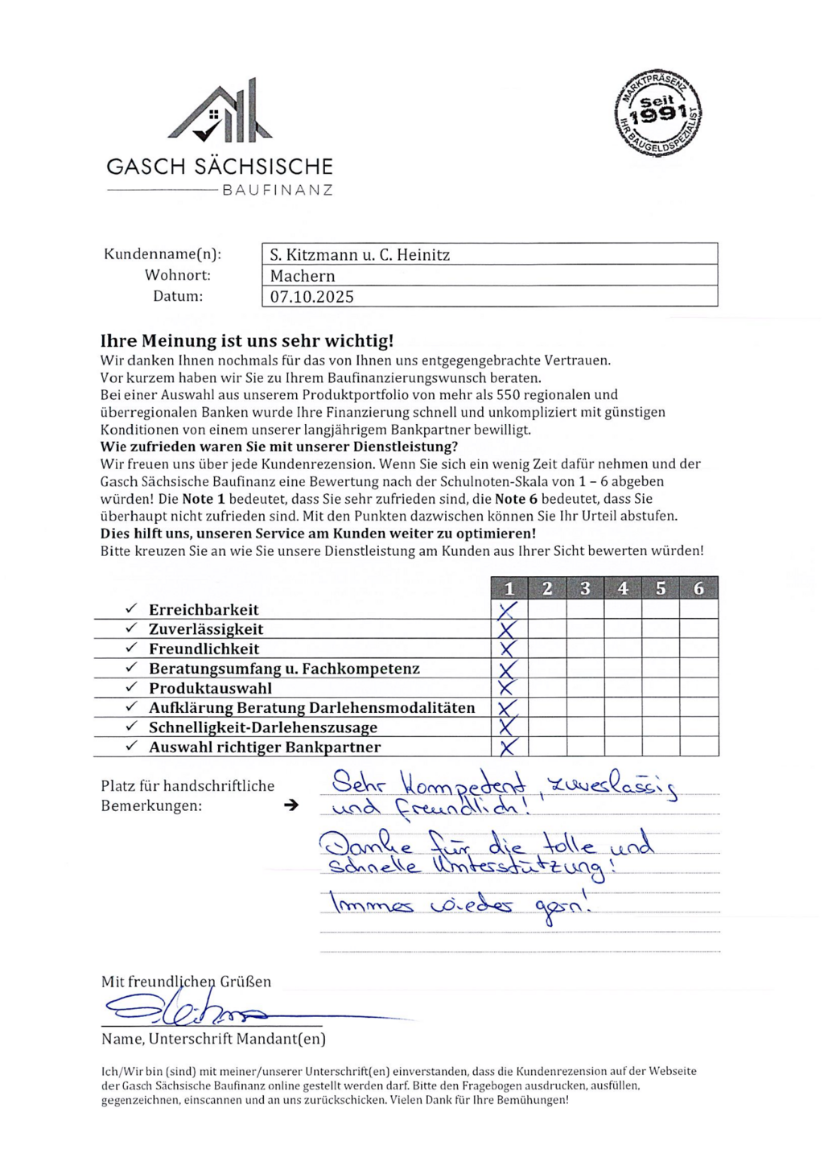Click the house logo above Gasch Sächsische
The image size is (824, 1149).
click(220, 113)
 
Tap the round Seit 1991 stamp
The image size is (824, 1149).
click(658, 113)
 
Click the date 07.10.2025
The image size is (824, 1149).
click(311, 297)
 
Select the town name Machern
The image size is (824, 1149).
click(303, 276)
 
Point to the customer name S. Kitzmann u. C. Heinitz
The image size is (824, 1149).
click(360, 255)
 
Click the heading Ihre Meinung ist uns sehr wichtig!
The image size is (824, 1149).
click(247, 340)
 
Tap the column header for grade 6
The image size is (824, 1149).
click(698, 588)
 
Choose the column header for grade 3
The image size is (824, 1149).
click(585, 588)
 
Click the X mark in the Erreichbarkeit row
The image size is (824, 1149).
click(508, 611)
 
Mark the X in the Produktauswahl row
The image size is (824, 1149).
click(507, 688)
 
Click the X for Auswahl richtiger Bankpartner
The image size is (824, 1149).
click(508, 747)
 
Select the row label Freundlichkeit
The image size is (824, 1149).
click(204, 649)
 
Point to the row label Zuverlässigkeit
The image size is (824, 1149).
click(206, 629)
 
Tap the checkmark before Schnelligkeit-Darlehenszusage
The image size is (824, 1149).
click(131, 727)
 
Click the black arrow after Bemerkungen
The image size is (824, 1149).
click(291, 805)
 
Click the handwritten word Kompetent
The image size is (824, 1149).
click(463, 782)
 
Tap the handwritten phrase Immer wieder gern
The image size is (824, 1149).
click(461, 905)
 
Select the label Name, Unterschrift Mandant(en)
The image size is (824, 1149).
click(213, 1039)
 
